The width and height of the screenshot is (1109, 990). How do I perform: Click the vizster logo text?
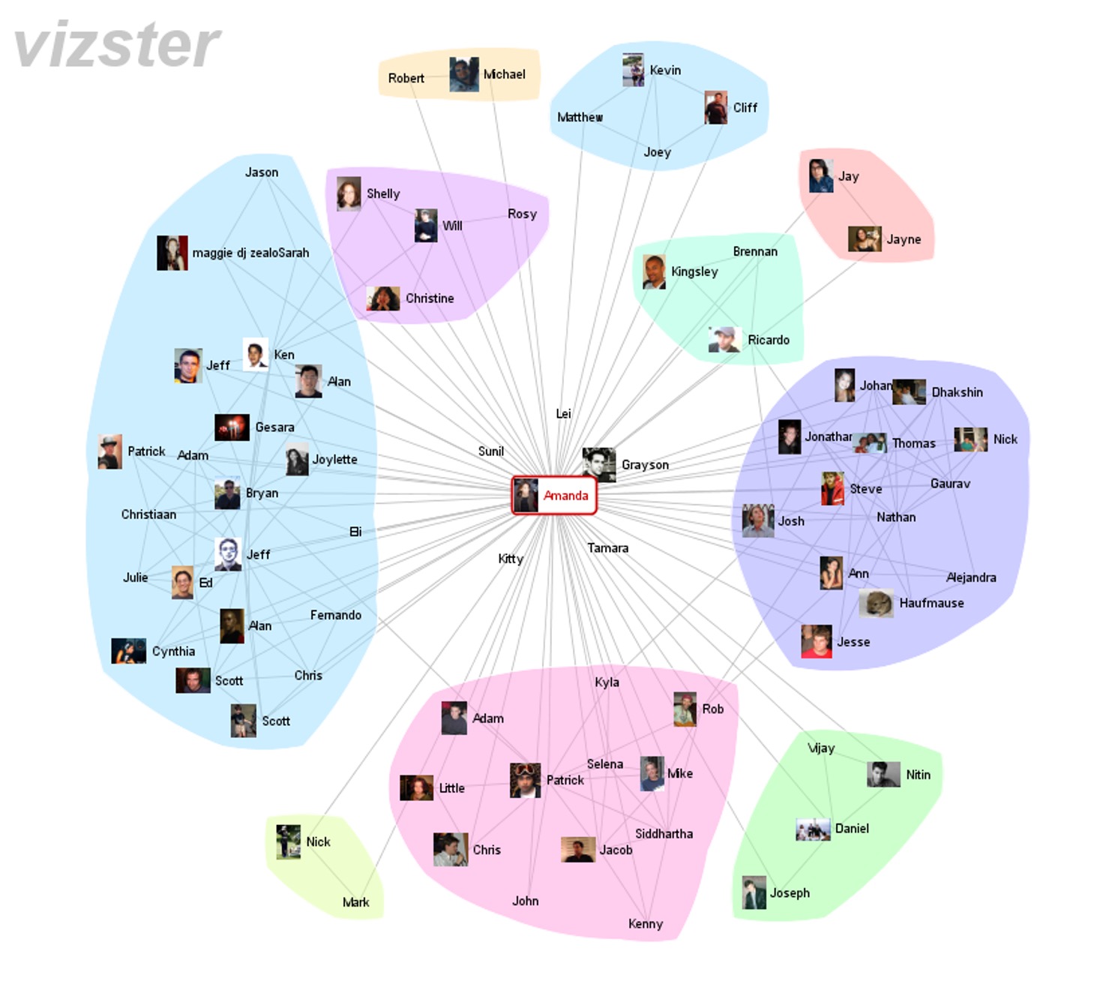(x=118, y=45)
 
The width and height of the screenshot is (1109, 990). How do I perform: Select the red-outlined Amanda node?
(x=554, y=496)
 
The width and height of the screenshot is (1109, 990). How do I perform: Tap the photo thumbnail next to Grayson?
(x=599, y=464)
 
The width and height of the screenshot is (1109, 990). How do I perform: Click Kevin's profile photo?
(x=634, y=70)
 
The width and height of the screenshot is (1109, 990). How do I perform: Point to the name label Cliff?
(x=745, y=108)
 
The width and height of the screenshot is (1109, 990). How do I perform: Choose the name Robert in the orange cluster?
(x=406, y=78)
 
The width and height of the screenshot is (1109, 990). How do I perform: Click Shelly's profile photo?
(x=349, y=193)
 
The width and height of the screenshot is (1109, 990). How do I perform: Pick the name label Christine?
(x=430, y=298)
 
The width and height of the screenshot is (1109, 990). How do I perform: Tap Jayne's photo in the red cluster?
(x=865, y=239)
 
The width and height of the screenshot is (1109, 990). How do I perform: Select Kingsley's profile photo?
(x=654, y=271)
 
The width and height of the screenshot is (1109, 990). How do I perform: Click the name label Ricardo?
(x=769, y=340)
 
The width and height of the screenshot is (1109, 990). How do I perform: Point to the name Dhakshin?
(x=957, y=392)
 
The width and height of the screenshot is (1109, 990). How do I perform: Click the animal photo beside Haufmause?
(x=876, y=603)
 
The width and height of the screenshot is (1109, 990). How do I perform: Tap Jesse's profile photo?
(x=817, y=641)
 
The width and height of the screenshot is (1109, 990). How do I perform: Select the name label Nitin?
(x=918, y=775)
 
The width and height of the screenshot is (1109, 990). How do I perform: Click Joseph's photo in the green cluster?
(x=754, y=892)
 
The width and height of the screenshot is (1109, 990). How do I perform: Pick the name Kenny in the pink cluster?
(x=645, y=924)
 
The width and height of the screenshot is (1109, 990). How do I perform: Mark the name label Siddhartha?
(x=664, y=834)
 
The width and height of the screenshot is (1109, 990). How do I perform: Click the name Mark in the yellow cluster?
(x=355, y=902)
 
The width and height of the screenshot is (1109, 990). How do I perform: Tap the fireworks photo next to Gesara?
(x=232, y=427)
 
